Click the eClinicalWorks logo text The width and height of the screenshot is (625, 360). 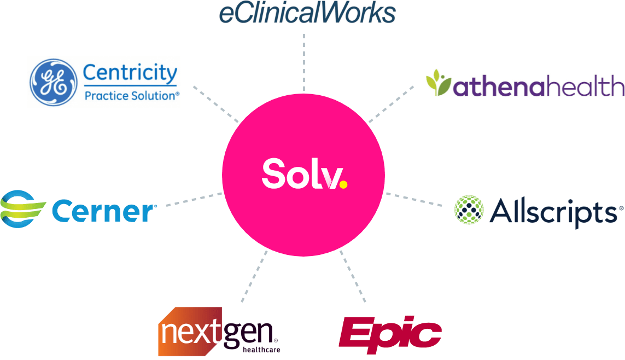pos(307,12)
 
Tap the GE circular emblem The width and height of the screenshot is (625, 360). pos(53,82)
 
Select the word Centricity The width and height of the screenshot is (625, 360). pos(130,73)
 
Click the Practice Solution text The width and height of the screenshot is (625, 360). pos(132,96)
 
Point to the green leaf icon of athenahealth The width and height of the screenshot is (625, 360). pos(439,83)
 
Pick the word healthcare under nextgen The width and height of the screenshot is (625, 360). pos(261,348)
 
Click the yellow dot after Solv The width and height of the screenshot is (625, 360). pos(343,185)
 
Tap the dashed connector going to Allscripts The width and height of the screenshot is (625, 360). pos(414,199)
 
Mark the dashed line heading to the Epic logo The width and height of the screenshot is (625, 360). pos(353,276)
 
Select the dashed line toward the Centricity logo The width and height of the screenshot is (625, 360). pos(216,103)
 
